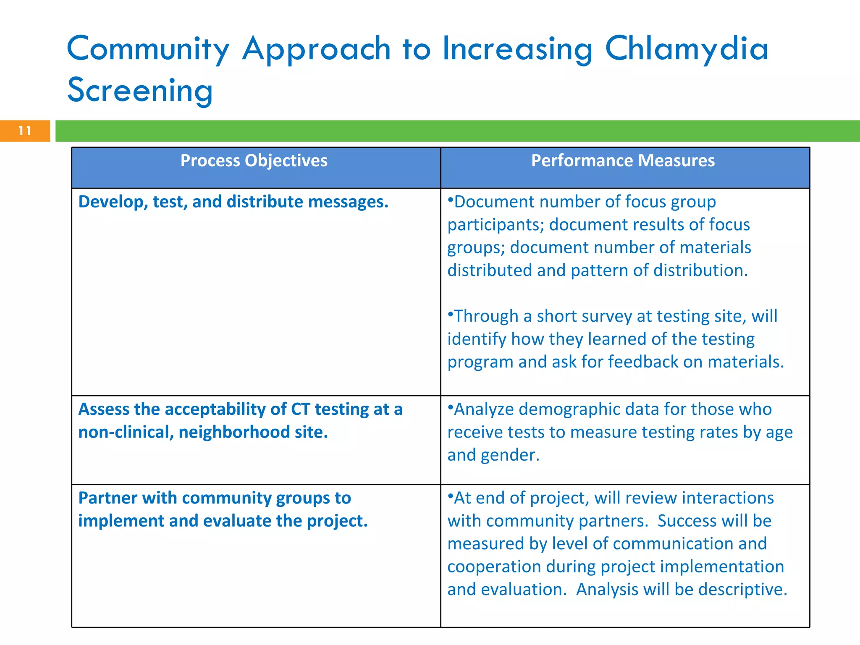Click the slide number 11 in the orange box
tap(25, 131)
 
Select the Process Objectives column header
tap(254, 161)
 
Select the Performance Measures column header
tap(623, 161)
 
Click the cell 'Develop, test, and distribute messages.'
tap(233, 202)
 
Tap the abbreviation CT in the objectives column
tap(300, 409)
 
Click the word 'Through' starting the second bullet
tap(486, 316)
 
